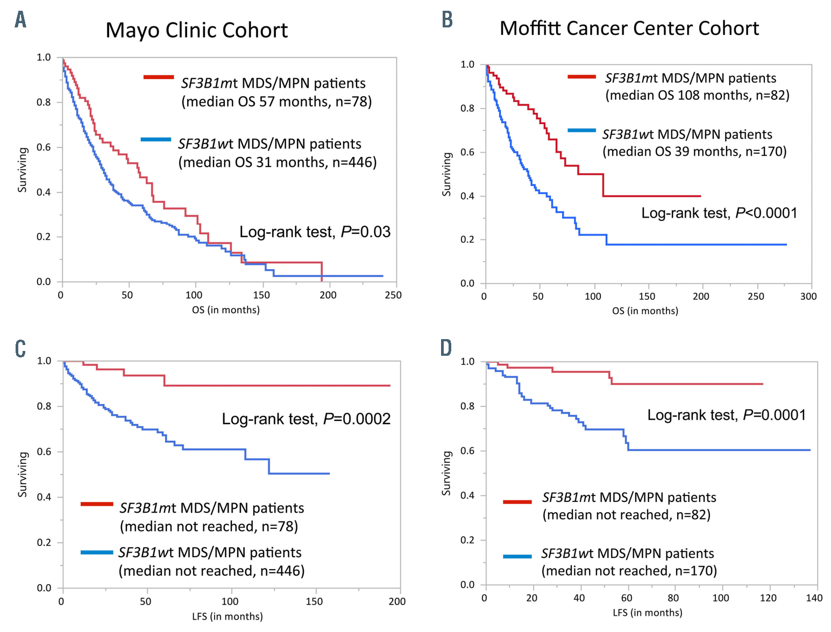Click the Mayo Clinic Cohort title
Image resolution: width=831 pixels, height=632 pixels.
click(196, 31)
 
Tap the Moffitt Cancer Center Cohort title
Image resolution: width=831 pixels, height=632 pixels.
click(629, 28)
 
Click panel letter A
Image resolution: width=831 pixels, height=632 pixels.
click(20, 20)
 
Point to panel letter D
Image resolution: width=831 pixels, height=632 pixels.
click(446, 348)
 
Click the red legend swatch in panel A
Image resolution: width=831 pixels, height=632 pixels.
click(159, 77)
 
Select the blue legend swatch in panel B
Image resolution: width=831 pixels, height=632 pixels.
click(581, 131)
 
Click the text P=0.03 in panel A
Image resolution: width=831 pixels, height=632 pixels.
click(366, 232)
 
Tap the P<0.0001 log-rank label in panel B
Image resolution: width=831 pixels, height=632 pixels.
click(766, 213)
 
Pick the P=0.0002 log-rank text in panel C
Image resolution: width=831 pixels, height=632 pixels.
click(357, 419)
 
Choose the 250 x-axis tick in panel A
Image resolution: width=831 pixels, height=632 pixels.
click(393, 295)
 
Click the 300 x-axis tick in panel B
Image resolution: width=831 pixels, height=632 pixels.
click(808, 297)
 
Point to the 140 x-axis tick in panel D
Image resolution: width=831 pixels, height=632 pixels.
click(814, 598)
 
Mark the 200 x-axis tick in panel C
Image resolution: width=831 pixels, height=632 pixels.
click(397, 602)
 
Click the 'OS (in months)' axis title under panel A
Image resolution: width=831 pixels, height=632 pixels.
click(225, 310)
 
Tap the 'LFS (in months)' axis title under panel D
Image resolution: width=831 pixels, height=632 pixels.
click(647, 613)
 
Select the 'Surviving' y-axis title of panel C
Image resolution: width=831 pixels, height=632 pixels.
click(23, 474)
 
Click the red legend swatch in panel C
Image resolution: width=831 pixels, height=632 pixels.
click(97, 504)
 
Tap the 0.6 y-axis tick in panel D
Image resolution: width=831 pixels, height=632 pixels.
click(467, 451)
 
